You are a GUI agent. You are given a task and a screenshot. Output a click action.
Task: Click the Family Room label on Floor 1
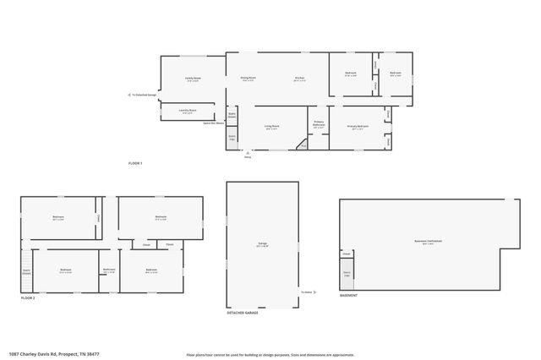point(193,79)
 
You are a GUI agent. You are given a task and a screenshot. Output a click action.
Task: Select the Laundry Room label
point(188,111)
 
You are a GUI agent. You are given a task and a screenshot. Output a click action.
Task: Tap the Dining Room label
point(249,79)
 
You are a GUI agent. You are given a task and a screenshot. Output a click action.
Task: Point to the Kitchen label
point(299,79)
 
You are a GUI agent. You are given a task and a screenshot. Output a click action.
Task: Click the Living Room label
point(271,128)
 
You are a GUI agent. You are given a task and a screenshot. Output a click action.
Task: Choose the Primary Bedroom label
point(358,128)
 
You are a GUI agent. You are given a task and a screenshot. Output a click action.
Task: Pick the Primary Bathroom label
point(319,124)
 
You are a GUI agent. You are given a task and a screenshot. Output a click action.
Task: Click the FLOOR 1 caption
point(135,162)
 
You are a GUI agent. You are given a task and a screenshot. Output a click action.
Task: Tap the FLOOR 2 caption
point(29,298)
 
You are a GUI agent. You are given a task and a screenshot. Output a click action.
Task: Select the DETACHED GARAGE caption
point(243,313)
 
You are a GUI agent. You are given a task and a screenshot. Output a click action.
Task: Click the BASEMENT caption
point(348,296)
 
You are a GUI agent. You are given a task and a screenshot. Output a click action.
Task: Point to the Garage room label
point(262,245)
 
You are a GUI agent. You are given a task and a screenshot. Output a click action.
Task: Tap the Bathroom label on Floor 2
point(109,270)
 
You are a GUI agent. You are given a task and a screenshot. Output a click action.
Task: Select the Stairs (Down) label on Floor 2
point(26,271)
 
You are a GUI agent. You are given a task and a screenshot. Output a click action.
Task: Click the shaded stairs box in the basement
point(347,275)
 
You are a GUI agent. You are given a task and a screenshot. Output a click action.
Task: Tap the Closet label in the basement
point(347,254)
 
